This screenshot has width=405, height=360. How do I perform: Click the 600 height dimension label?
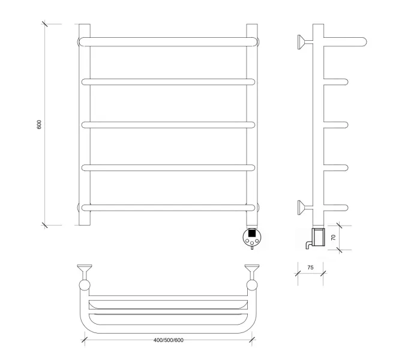[x=39, y=124]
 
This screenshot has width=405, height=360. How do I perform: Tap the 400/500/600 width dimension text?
[x=169, y=340]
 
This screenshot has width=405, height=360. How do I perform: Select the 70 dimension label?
[x=334, y=238]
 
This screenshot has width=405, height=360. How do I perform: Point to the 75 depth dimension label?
[x=310, y=268]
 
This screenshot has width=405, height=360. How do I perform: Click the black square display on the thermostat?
[x=252, y=233]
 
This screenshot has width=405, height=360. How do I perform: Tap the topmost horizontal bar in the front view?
[x=169, y=42]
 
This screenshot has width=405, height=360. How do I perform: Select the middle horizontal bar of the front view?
[x=168, y=125]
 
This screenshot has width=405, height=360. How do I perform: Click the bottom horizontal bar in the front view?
[x=168, y=208]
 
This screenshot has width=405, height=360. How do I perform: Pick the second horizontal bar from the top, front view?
[x=168, y=82]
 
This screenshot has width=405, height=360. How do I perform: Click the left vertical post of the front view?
[x=85, y=124]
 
